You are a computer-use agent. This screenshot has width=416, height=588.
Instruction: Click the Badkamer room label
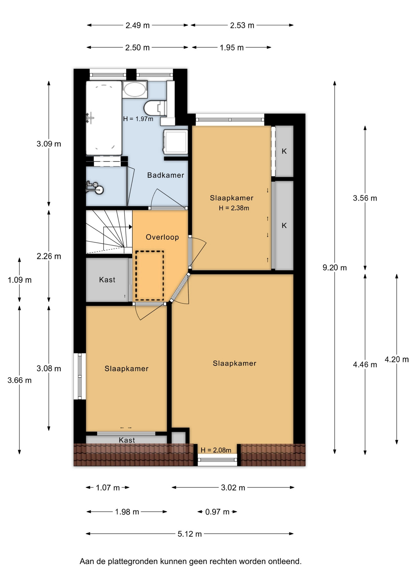point(165,175)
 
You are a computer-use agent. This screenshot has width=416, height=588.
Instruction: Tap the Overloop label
point(162,237)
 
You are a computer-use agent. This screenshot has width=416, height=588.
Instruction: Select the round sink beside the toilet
point(135,89)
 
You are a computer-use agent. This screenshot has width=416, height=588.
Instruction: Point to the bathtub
point(104,118)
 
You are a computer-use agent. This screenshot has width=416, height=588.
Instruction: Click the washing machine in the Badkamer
point(176,141)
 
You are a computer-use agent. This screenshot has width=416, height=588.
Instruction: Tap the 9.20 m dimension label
point(335,268)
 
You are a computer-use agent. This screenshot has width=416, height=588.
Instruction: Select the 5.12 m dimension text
point(190,534)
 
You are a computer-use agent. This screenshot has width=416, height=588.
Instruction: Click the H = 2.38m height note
point(234,208)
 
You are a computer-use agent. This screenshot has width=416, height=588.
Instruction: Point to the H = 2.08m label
point(216,450)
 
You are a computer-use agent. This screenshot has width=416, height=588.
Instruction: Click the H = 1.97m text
point(138,119)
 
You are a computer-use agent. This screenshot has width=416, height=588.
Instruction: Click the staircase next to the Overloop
point(109,232)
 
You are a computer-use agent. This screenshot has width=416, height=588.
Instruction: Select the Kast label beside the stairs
point(107,280)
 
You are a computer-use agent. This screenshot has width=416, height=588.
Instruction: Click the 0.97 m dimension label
point(217,512)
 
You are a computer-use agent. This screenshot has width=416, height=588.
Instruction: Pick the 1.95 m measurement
point(232,47)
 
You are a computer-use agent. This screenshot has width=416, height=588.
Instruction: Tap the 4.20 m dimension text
point(397,359)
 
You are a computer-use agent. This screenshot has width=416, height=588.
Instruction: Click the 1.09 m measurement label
point(20,280)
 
